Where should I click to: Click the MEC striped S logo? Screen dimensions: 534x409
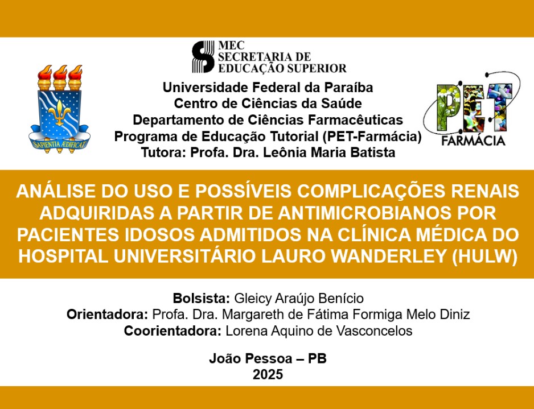coord(203,57)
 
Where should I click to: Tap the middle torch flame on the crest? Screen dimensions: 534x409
coord(60,73)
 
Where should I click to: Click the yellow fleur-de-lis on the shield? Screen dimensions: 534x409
coord(60,112)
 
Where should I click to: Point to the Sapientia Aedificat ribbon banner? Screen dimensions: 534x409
coord(60,142)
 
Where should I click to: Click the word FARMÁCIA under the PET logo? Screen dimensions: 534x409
coord(473,140)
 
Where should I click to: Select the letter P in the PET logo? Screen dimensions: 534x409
coord(447,108)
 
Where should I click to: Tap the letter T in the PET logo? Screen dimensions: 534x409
coord(499,106)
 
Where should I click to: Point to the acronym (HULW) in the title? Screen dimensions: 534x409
coord(484,257)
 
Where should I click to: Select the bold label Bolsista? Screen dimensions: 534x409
coord(202,298)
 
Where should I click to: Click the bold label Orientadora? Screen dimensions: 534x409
coord(107,314)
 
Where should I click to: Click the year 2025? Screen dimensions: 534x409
coord(268,374)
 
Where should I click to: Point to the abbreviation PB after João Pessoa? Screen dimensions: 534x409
coord(317,358)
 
